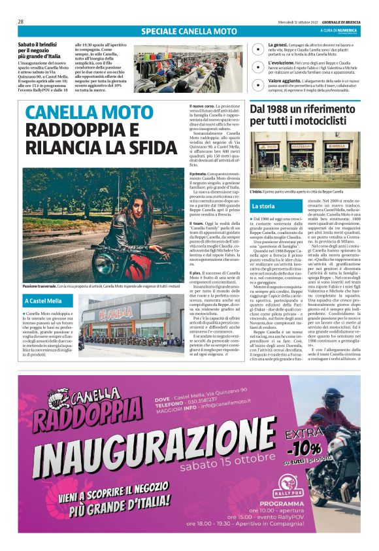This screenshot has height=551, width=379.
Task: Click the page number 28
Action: (22, 21)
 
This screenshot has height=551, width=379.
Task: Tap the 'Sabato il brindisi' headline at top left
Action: (41, 43)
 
